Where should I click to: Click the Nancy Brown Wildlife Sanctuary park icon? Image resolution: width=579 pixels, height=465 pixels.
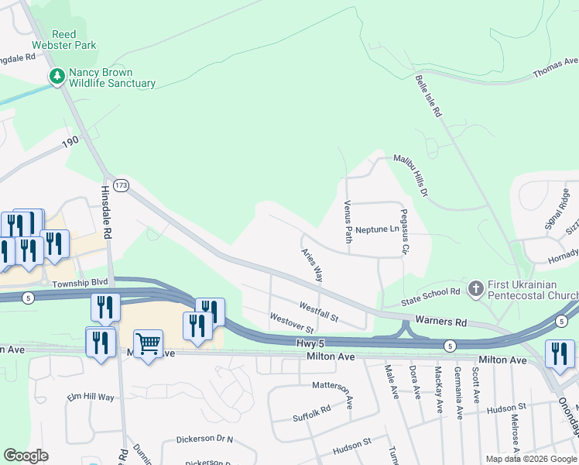57,76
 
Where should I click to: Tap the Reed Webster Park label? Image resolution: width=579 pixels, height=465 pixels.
74,40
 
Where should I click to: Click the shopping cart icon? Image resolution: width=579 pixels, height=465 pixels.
148,343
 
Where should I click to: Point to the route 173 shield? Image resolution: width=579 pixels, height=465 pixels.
120,185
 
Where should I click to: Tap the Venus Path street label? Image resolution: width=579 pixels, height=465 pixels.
348,221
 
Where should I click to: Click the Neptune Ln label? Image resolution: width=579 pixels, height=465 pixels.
379,229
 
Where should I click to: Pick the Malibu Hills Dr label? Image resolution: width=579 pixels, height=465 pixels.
410,174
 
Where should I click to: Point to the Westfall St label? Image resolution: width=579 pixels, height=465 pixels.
319,312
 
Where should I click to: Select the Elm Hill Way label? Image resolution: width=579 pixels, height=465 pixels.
91,397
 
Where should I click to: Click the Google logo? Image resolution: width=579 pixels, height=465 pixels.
26,455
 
